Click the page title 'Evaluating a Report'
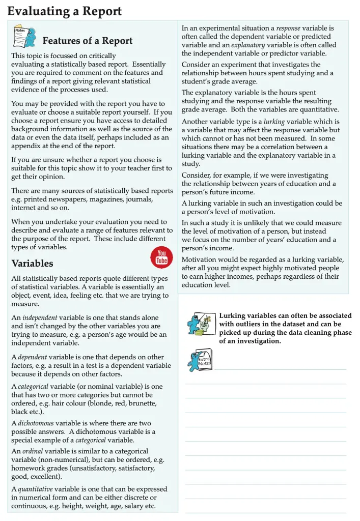click(64, 11)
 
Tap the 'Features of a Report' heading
click(87, 41)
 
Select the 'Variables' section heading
click(32, 264)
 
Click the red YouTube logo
click(161, 257)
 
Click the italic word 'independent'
click(40, 317)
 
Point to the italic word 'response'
click(288, 28)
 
